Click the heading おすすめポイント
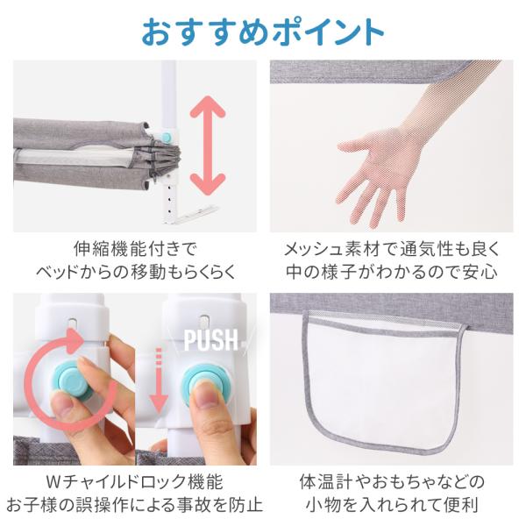(263, 32)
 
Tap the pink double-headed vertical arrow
(208, 146)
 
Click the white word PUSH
(211, 340)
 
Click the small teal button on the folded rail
(166, 137)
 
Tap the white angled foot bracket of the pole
(194, 215)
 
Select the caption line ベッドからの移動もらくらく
(136, 272)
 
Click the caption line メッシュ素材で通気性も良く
(392, 249)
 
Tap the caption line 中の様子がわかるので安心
(392, 272)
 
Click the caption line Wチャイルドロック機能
(134, 481)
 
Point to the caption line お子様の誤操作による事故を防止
(134, 505)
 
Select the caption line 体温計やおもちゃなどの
(392, 481)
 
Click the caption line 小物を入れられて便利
(392, 505)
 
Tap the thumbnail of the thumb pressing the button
(195, 379)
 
